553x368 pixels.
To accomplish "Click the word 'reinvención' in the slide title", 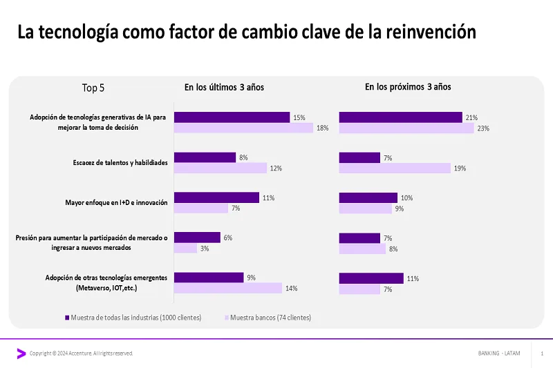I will tap(433, 32).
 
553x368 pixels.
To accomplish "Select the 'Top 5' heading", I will tap(93, 88).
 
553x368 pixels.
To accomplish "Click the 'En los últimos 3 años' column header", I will tap(224, 87).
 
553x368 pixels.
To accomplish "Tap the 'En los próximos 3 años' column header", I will tap(408, 87).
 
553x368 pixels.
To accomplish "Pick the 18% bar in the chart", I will tap(243, 128).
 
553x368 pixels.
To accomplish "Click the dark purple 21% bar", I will tap(400, 117).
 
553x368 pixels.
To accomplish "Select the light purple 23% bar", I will tap(406, 128).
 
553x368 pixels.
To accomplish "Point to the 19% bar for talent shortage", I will tap(395, 168).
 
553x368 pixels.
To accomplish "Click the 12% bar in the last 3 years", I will tap(220, 168).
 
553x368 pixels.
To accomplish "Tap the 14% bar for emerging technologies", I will tap(227, 288).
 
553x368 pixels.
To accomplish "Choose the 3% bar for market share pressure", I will tap(185, 248).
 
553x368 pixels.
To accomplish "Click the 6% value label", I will tap(227, 238).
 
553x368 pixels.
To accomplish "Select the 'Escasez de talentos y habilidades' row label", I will tap(120, 163).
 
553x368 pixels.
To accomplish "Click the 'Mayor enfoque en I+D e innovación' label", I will tap(116, 203).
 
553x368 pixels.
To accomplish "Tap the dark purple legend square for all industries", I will tap(67, 318).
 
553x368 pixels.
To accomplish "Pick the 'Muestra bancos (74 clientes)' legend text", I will tap(270, 318).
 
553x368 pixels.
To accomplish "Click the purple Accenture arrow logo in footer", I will tap(21, 354).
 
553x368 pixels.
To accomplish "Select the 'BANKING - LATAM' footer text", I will tap(499, 354).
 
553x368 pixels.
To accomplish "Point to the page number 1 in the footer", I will tap(542, 354).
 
